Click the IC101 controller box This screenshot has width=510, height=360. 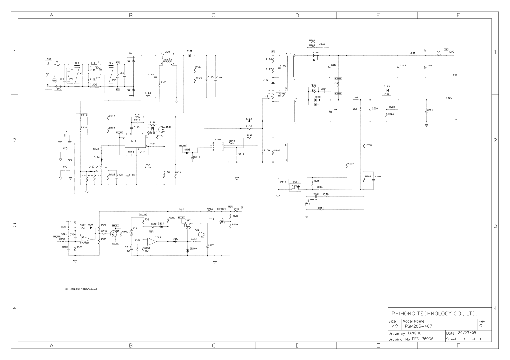[x=134, y=141]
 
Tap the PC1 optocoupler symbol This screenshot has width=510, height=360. [x=295, y=187]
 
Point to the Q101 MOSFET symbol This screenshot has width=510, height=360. [x=270, y=96]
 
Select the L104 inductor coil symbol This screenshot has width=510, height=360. [x=167, y=61]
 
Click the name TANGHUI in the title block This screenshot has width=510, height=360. [x=415, y=333]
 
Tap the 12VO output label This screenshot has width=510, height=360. [x=452, y=52]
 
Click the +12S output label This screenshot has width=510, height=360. [x=450, y=98]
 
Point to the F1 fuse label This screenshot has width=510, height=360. [x=57, y=62]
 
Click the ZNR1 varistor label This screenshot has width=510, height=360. [x=114, y=79]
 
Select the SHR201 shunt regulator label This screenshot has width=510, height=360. [x=314, y=200]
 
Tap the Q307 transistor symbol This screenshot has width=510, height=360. [x=188, y=225]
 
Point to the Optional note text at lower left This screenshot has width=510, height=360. [x=81, y=289]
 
